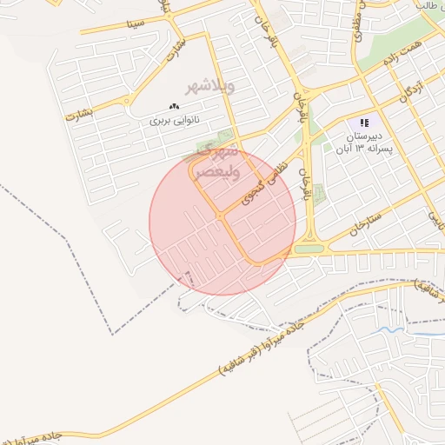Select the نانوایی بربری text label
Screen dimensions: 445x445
click(175, 120)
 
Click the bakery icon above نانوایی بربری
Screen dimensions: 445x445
click(175, 107)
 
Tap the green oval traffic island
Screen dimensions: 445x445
click(309, 249)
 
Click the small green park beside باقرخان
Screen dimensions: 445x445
click(319, 194)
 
